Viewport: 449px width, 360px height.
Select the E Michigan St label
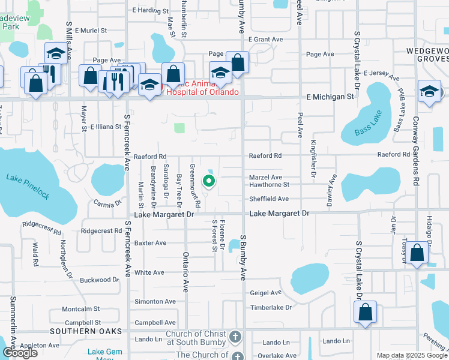(x=330, y=97)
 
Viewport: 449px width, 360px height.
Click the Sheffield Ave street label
(x=270, y=199)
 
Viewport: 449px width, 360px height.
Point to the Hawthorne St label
(x=270, y=185)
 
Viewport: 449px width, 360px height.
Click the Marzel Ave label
(x=266, y=178)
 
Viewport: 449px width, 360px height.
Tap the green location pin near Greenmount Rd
(x=209, y=179)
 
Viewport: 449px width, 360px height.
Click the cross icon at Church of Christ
(x=235, y=336)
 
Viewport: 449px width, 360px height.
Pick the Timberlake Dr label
(x=271, y=307)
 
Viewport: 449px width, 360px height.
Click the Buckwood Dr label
(x=100, y=280)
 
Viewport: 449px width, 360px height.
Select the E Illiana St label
(x=106, y=127)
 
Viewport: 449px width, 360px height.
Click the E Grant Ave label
(x=265, y=40)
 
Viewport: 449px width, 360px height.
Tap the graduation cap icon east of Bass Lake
(x=429, y=91)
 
